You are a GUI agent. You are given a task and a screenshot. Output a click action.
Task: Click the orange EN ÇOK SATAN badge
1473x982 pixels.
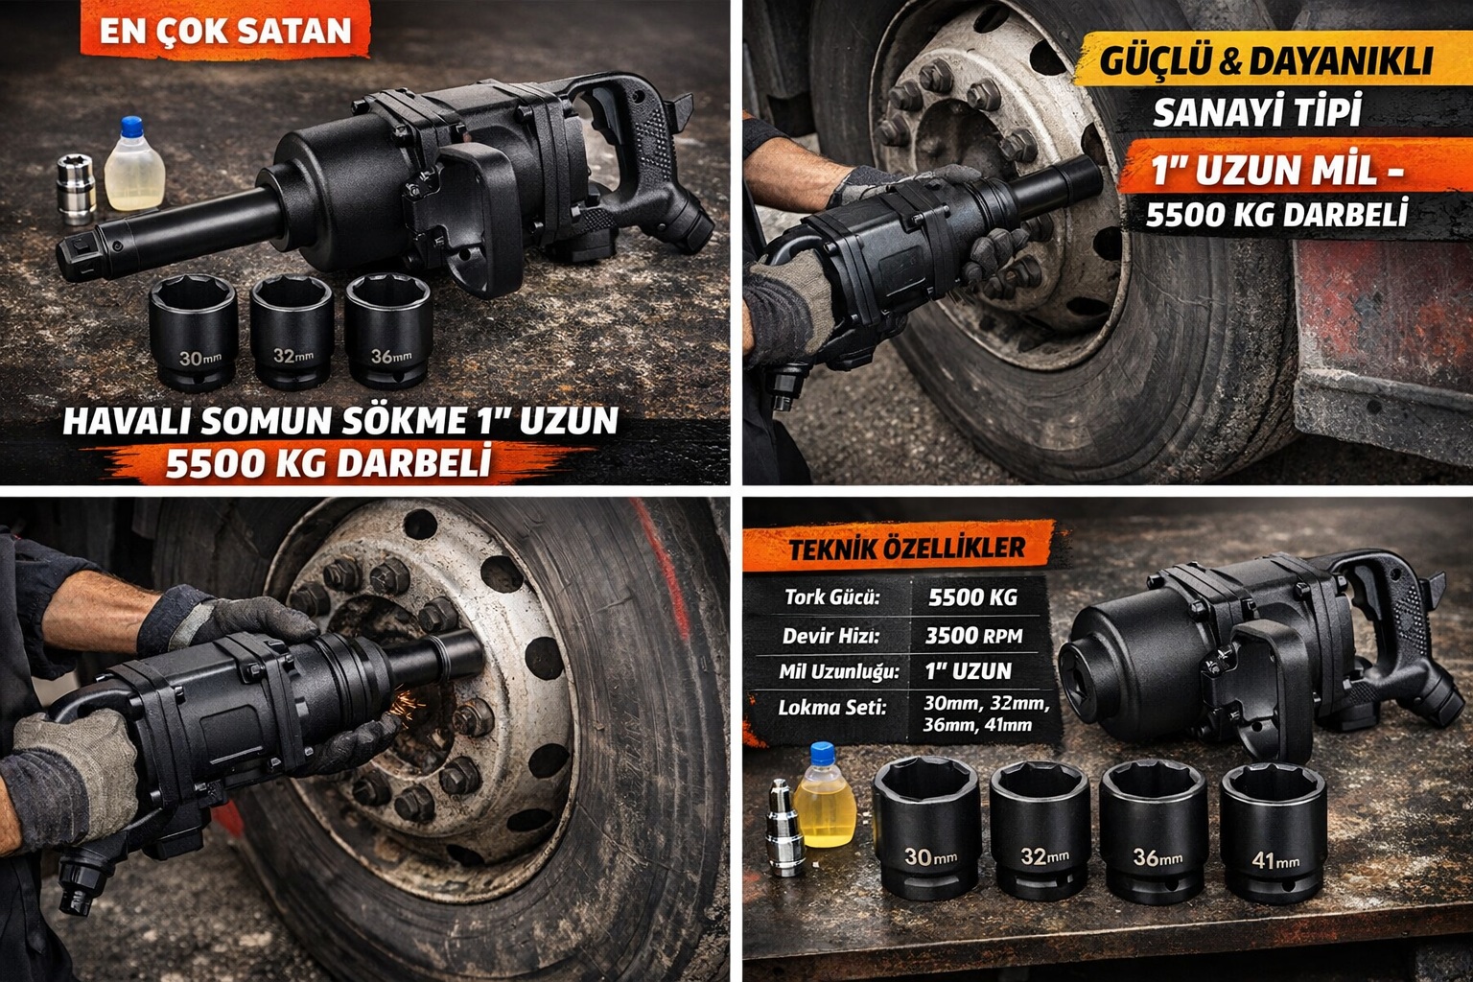pyautogui.click(x=226, y=31)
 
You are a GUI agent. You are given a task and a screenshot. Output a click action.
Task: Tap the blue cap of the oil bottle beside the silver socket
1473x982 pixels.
pyautogui.click(x=132, y=126)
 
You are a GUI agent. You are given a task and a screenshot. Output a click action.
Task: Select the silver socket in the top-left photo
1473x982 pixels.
pyautogui.click(x=76, y=187)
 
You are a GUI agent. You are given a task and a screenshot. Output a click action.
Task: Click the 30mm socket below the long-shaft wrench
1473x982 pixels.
pyautogui.click(x=193, y=331)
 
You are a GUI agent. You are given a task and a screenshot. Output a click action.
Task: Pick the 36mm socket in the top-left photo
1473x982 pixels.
pyautogui.click(x=387, y=330)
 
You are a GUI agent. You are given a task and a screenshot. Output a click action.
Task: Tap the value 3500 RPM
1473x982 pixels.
pyautogui.click(x=973, y=635)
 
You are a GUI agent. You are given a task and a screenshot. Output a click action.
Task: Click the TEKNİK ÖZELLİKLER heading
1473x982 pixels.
pyautogui.click(x=906, y=549)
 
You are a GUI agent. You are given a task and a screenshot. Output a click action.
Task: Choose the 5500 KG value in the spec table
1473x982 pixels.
pyautogui.click(x=972, y=597)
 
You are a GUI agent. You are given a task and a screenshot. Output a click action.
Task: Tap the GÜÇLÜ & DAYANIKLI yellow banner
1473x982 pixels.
pyautogui.click(x=1266, y=60)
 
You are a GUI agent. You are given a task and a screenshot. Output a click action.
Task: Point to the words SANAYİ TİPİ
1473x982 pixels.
pyautogui.click(x=1257, y=112)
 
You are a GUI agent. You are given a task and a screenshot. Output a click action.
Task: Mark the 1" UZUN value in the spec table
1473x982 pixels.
pyautogui.click(x=969, y=670)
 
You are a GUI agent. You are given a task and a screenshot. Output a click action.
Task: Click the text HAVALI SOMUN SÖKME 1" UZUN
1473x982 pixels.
pyautogui.click(x=340, y=421)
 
